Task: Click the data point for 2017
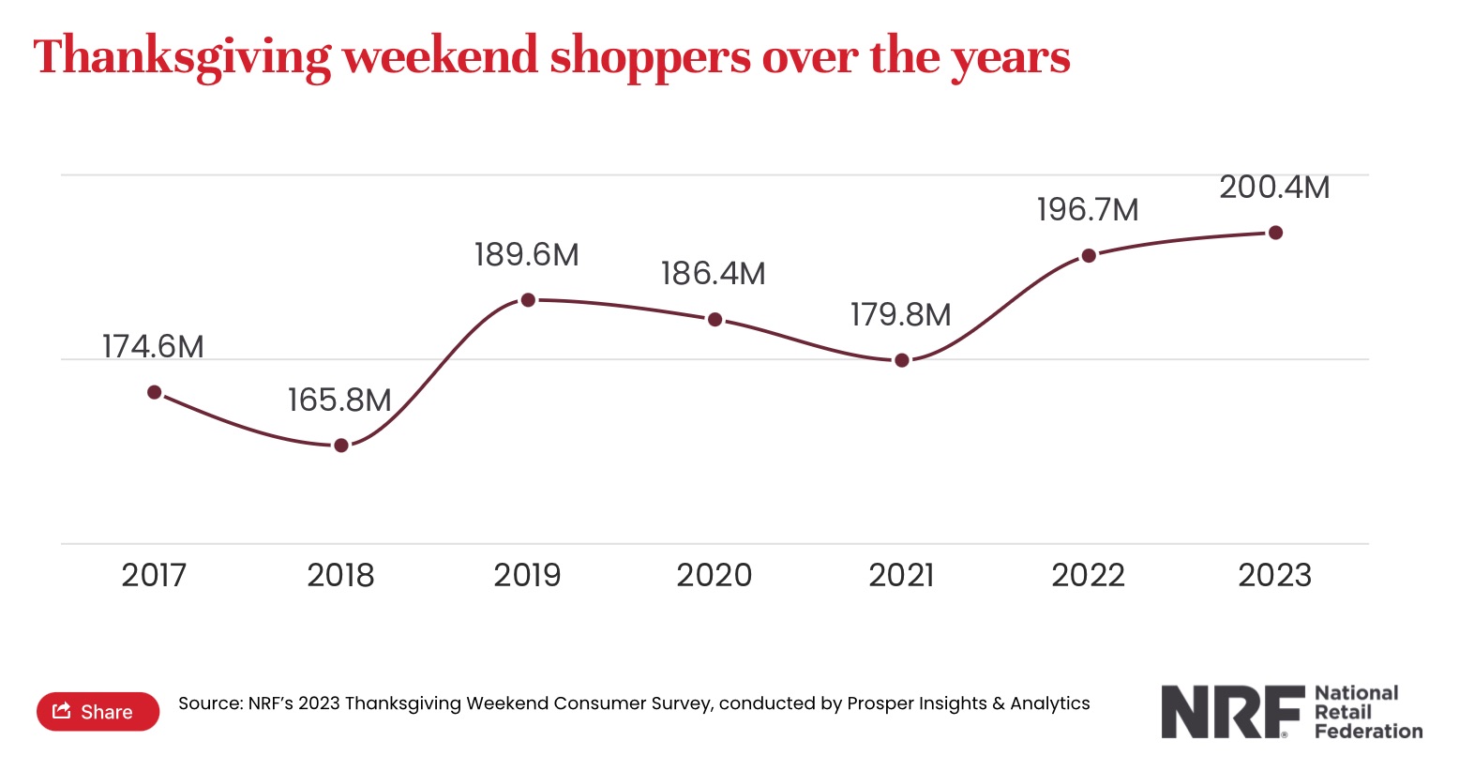point(155,392)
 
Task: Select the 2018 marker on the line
point(341,446)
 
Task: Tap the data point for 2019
point(528,300)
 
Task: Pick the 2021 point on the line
point(902,360)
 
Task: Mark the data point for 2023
point(1275,233)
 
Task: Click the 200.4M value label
point(1274,188)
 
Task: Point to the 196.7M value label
point(1088,210)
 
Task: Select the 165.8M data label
point(339,401)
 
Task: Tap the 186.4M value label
point(713,274)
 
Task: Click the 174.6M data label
point(153,347)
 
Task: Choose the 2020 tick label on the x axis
point(714,575)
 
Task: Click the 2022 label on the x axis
point(1088,575)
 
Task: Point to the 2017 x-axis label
point(154,575)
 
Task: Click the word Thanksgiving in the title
point(182,57)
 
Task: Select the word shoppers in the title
point(650,57)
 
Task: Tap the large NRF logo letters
point(1232,712)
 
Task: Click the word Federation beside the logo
point(1368,732)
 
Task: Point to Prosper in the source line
point(880,703)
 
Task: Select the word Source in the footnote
point(209,703)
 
